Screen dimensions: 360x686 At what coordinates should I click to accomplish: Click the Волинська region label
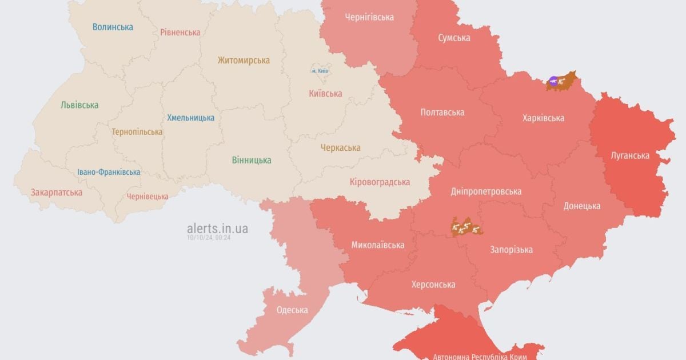[x=113, y=27]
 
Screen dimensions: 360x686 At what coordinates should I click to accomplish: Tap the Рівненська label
[x=180, y=32]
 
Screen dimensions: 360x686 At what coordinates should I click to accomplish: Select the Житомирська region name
[x=244, y=60]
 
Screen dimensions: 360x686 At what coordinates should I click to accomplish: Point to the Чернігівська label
[x=369, y=17]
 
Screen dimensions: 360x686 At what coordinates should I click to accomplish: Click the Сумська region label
[x=454, y=38]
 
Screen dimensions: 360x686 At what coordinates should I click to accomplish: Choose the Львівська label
[x=79, y=105]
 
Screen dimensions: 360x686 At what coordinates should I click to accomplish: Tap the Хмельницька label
[x=191, y=118]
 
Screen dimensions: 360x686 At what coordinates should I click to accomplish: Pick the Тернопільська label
[x=137, y=131]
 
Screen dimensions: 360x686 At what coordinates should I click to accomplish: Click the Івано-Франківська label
[x=109, y=172]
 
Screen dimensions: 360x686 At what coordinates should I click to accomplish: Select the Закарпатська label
[x=57, y=192]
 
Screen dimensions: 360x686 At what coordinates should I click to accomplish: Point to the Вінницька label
[x=252, y=160]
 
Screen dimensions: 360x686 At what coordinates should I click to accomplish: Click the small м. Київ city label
[x=320, y=70]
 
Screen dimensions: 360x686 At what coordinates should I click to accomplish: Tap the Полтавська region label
[x=442, y=112]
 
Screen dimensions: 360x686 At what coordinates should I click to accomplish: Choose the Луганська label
[x=629, y=155]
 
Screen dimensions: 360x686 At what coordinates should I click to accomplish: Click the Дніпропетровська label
[x=486, y=191]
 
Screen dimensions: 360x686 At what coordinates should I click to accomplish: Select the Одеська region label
[x=292, y=310]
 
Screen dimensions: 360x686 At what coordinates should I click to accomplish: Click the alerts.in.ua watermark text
[x=217, y=229]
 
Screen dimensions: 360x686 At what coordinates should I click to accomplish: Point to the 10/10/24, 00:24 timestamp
[x=208, y=237]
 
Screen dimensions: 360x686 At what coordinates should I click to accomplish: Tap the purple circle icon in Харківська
[x=553, y=81]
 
